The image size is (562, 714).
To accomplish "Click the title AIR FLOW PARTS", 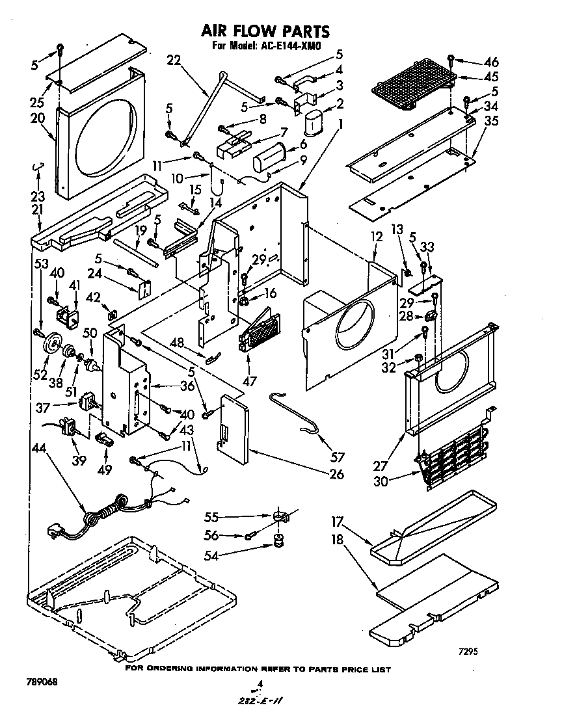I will point(265,31).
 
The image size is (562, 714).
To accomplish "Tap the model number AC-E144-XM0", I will point(291,46).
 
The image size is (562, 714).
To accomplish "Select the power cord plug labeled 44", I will point(55,531).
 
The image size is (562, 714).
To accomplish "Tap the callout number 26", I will point(336,474).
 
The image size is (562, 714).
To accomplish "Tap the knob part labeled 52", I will point(51,344).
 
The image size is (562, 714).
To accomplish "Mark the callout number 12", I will point(376,238).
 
